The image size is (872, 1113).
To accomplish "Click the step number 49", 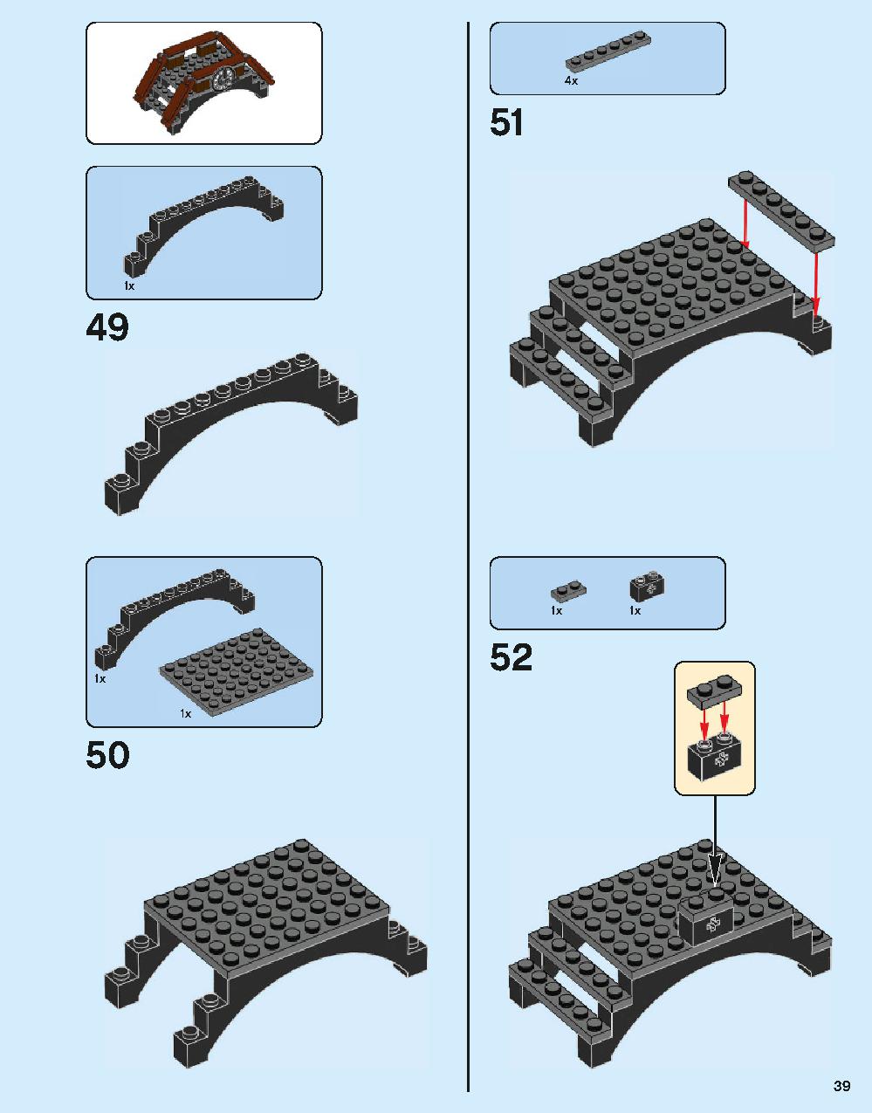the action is [x=107, y=328].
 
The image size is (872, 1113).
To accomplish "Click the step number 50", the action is [x=107, y=755].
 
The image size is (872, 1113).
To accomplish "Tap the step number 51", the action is [x=507, y=123].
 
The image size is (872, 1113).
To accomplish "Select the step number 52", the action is [x=511, y=657].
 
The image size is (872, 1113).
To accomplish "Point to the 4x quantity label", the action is [x=571, y=80].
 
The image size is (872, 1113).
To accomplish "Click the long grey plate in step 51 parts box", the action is [x=608, y=52].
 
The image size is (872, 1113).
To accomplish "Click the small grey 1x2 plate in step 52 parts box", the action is [x=568, y=592].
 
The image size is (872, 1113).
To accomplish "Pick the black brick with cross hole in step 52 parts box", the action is [x=647, y=587].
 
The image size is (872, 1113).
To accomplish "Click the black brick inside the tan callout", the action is [x=715, y=760].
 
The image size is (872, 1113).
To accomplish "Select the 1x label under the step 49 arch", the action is [x=129, y=286].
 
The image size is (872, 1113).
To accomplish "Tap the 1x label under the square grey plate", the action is [x=185, y=713].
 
